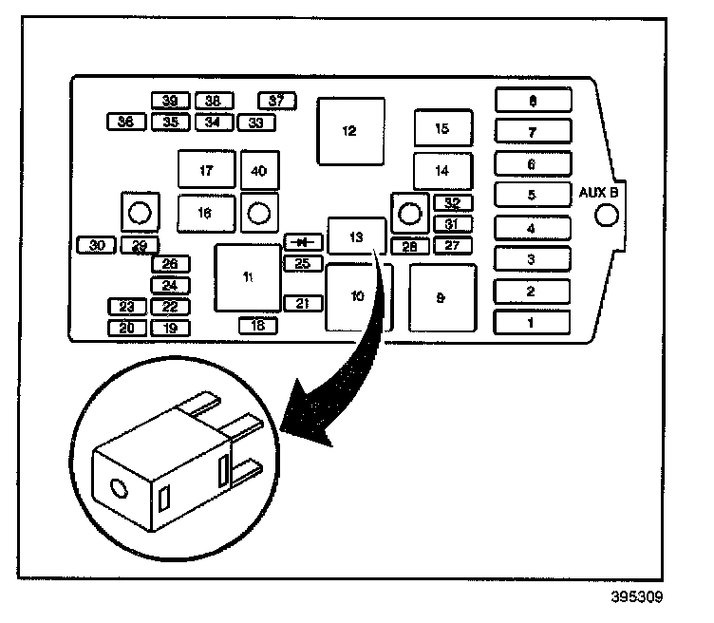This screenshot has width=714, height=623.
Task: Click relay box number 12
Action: [350, 131]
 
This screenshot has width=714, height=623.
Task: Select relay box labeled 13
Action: [356, 236]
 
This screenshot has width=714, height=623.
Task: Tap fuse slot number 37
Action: [277, 101]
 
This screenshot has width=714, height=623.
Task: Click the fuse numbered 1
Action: [532, 323]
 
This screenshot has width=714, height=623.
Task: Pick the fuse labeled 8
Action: [533, 101]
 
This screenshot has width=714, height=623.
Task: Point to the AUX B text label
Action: [599, 193]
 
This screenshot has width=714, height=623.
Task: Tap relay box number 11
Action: [248, 277]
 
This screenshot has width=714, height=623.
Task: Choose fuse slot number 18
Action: [257, 326]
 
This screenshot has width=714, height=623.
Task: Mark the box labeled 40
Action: [259, 170]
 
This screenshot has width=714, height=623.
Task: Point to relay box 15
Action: [442, 129]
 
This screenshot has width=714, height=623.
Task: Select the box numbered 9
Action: [442, 297]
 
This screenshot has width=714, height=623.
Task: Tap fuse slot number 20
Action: [126, 329]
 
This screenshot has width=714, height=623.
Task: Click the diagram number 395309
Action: [636, 598]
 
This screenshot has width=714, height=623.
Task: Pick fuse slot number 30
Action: [96, 245]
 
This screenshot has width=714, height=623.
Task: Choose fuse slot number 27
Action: [453, 246]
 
